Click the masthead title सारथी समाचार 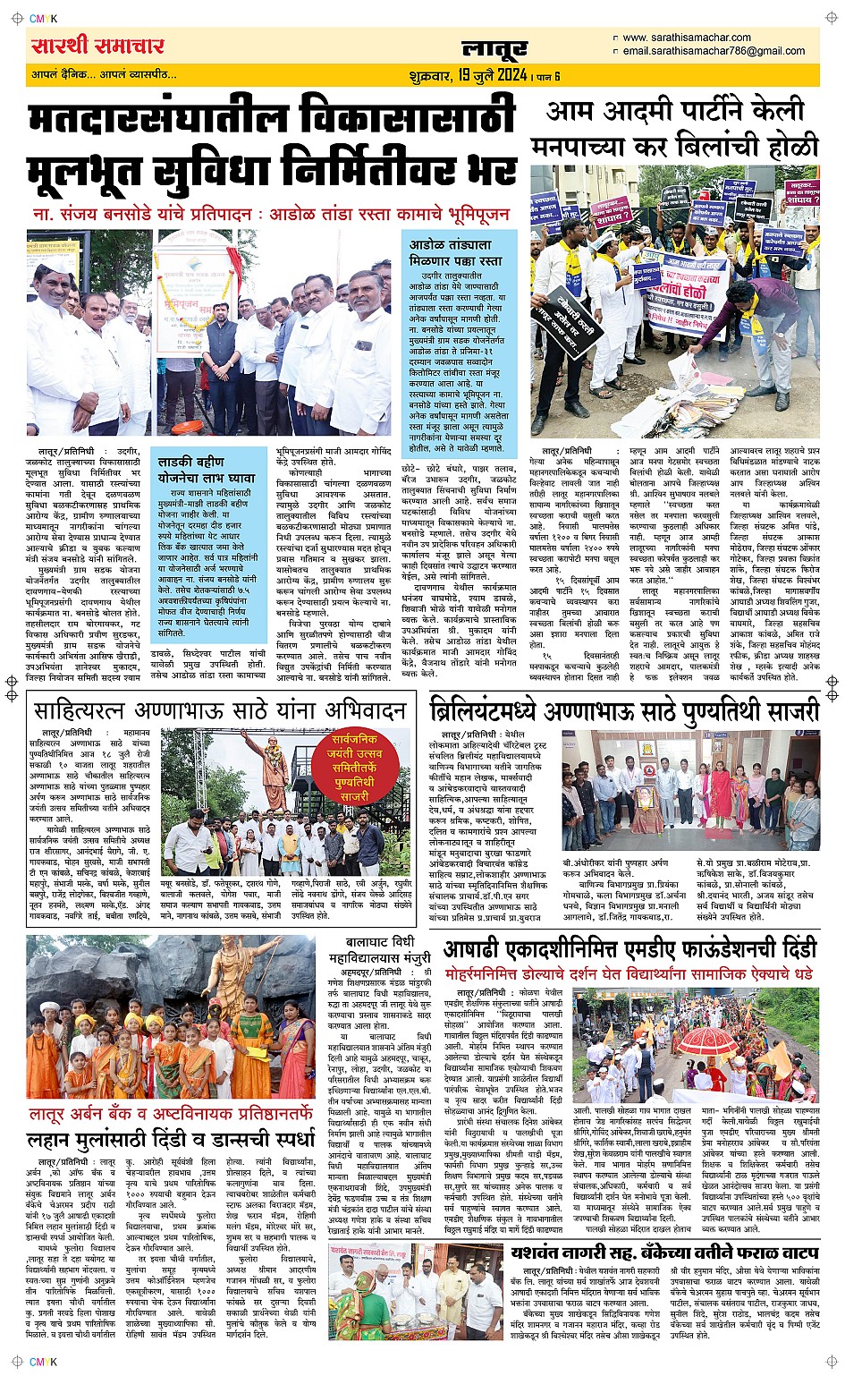pos(97,47)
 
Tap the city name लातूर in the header pos(494,49)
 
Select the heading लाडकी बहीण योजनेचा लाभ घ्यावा pos(207,470)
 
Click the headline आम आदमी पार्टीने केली pos(675,112)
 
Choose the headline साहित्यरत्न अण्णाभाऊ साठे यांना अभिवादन pos(220,711)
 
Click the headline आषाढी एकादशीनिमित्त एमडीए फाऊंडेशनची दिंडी pos(630,948)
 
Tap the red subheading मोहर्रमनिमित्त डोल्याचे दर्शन pos(629,973)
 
